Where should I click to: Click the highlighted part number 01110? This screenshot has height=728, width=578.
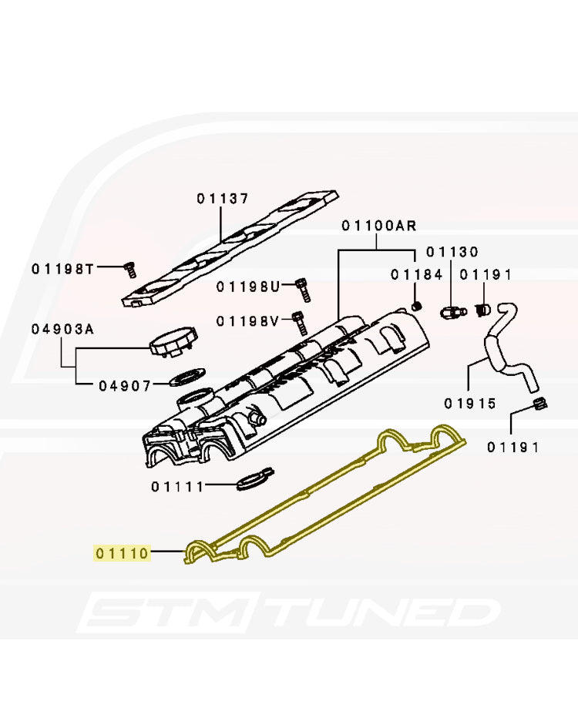pyautogui.click(x=121, y=552)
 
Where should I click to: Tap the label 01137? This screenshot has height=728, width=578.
pyautogui.click(x=222, y=199)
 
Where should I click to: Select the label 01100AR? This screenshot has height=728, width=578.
pyautogui.click(x=378, y=226)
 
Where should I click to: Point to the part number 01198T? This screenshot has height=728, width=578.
pyautogui.click(x=62, y=269)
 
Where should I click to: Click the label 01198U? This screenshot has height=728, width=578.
pyautogui.click(x=247, y=287)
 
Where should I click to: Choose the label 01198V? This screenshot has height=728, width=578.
pyautogui.click(x=247, y=320)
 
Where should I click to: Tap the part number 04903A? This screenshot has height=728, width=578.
pyautogui.click(x=62, y=329)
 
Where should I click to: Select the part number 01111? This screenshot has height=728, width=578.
pyautogui.click(x=176, y=486)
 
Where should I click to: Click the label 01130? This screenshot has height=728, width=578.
pyautogui.click(x=452, y=252)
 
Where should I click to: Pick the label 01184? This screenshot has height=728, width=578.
pyautogui.click(x=416, y=274)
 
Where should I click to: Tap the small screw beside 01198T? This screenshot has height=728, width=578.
pyautogui.click(x=129, y=270)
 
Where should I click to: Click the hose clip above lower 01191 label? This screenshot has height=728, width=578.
pyautogui.click(x=539, y=404)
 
